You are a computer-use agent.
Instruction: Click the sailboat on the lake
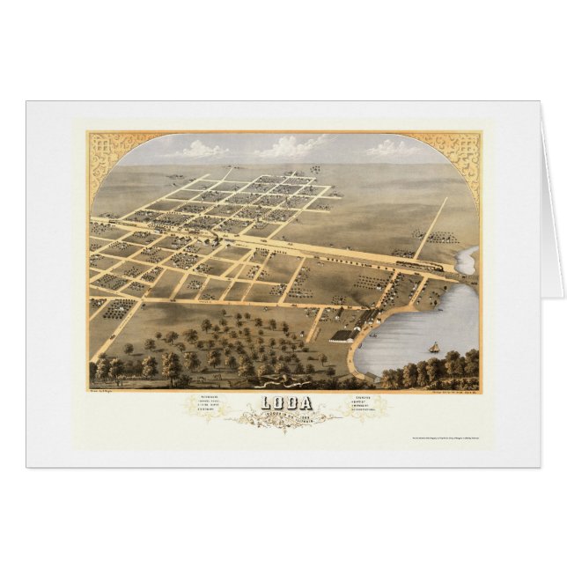click(x=434, y=348)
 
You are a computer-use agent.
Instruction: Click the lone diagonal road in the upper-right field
click(x=431, y=228)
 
